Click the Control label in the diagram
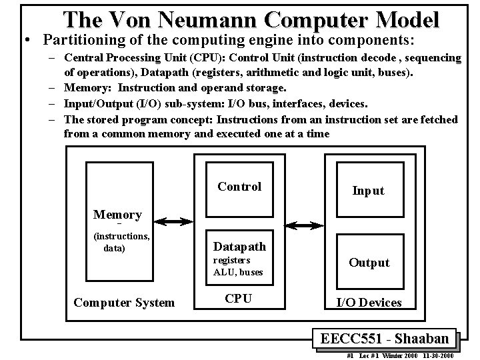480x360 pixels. click(239, 187)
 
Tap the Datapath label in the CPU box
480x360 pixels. click(239, 247)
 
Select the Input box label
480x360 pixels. click(368, 191)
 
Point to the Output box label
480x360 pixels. click(369, 263)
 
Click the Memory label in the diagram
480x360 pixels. click(117, 215)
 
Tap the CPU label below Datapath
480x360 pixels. click(238, 299)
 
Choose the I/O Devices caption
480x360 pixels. click(369, 303)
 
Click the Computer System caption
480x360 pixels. click(124, 303)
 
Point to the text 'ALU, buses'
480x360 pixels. click(238, 272)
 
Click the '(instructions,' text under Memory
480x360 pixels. click(121, 235)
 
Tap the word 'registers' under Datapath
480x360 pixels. click(231, 261)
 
